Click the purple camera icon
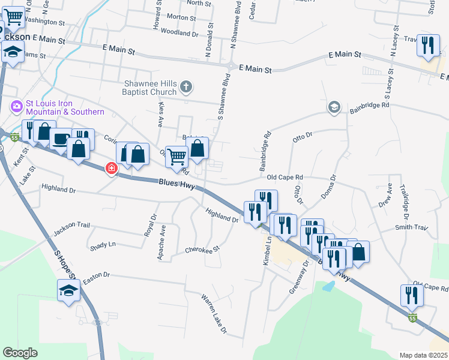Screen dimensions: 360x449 click(x=16, y=107)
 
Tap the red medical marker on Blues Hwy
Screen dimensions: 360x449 click(x=111, y=169)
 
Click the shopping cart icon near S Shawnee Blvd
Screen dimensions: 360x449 click(x=176, y=157)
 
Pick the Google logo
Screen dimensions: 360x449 click(x=20, y=352)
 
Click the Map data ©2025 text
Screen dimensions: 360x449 click(x=423, y=355)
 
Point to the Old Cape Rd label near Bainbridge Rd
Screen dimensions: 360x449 click(x=285, y=178)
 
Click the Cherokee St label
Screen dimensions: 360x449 click(x=203, y=249)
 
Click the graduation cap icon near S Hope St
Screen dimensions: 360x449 click(x=68, y=290)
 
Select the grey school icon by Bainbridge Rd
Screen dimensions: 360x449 click(x=334, y=107)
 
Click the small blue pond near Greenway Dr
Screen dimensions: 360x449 click(x=328, y=286)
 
